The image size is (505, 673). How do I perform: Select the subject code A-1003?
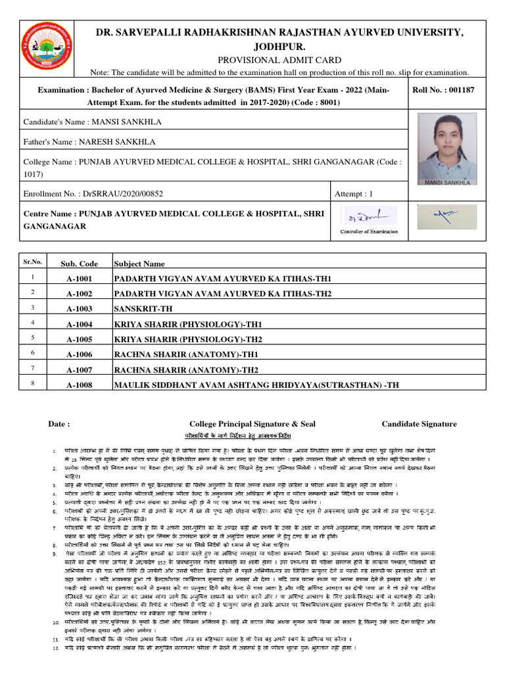[80, 308]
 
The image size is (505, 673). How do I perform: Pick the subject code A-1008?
[80, 384]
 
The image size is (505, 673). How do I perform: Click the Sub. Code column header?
[80, 264]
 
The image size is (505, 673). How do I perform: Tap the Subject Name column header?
[139, 264]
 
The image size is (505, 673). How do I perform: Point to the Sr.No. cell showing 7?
[32, 368]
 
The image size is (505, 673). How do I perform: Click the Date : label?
[59, 424]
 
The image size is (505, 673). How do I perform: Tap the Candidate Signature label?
[419, 424]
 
